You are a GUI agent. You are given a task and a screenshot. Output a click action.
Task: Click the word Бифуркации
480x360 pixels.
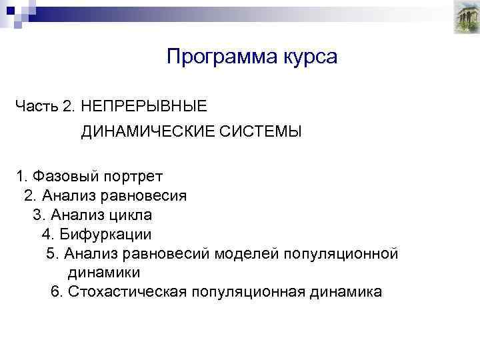coord(105,235)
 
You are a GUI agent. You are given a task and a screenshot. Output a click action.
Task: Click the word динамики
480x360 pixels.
coord(103,273)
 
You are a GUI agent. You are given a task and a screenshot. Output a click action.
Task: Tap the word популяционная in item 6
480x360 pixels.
coord(247,292)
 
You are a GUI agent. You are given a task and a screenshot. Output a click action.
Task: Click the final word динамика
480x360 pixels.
coord(345,292)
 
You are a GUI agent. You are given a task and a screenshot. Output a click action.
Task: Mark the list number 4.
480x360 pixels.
coord(47,235)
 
